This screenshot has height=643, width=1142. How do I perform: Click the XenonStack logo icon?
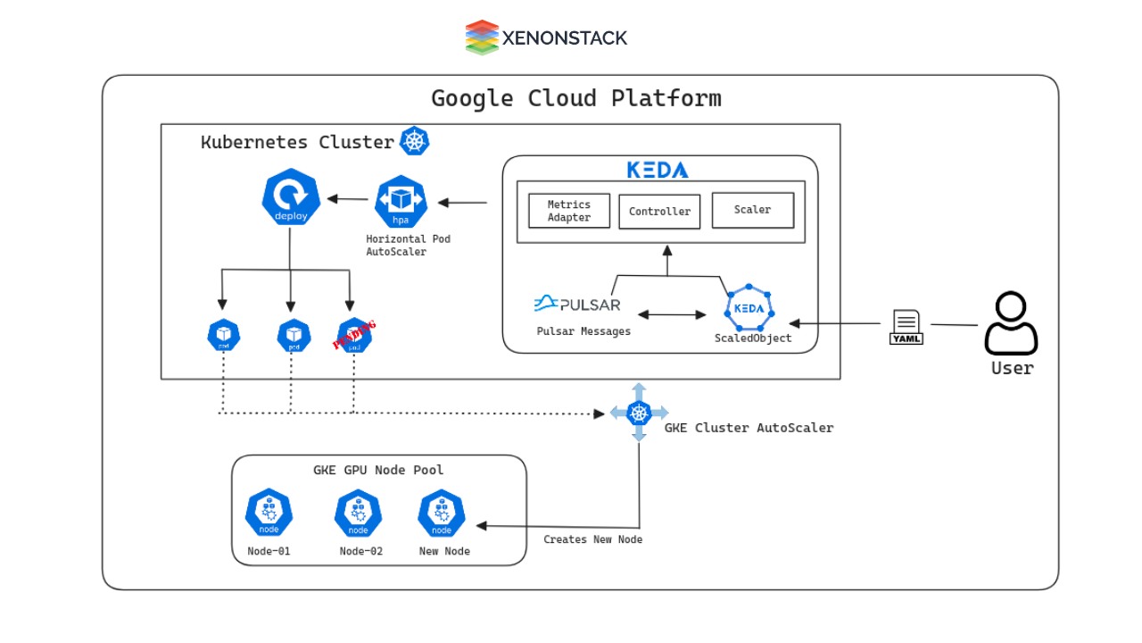pos(482,38)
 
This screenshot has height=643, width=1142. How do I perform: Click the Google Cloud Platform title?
pos(576,97)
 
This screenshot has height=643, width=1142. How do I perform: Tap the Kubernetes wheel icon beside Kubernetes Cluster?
pos(415,141)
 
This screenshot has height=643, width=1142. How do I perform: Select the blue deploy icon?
pos(291,197)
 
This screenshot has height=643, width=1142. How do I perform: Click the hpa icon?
pos(401,202)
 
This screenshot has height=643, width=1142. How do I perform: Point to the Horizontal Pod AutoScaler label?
pos(408,246)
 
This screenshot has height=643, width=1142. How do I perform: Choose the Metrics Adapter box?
pos(569,211)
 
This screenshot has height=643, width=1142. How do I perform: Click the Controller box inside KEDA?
pos(659,212)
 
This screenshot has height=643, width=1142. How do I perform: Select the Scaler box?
pos(752,210)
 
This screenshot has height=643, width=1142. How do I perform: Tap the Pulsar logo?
pos(577,305)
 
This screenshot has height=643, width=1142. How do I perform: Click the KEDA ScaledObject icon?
pos(749,308)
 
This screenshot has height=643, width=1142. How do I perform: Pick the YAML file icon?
pos(906,327)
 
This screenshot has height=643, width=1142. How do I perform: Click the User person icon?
pos(1011,323)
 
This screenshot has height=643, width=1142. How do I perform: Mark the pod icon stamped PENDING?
pos(354,336)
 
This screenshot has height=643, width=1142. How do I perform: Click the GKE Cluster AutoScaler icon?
pos(639,413)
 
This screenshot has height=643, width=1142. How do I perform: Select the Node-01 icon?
pos(269,514)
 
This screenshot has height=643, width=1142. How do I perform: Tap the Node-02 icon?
pos(358,514)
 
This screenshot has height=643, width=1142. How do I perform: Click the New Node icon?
pos(442,514)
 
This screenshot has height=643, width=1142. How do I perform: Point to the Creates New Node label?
pos(592,539)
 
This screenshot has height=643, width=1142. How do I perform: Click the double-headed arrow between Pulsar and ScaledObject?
pos(672,314)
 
